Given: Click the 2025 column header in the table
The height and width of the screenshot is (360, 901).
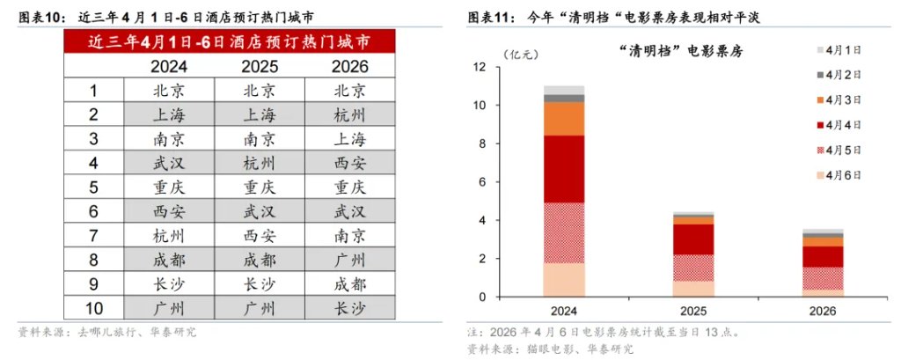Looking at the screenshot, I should point(260,67).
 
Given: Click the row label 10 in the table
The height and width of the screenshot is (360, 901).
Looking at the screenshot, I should point(93,308).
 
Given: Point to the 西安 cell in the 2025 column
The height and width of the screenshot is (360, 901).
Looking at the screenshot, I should point(260,238).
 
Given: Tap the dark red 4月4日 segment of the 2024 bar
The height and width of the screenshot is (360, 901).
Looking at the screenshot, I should point(564,169).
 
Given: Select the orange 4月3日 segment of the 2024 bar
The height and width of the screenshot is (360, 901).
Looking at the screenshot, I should point(564,119).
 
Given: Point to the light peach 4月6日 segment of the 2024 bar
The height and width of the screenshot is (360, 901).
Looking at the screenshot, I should point(564,280).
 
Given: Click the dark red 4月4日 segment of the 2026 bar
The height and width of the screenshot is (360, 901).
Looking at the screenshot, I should point(824,256).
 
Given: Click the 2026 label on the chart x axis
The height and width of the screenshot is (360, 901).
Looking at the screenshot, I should point(824,312).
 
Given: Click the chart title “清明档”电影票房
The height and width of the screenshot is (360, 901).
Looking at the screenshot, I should point(681,52).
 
